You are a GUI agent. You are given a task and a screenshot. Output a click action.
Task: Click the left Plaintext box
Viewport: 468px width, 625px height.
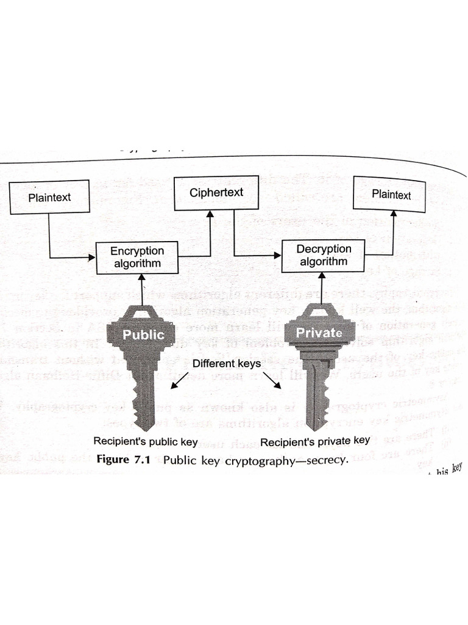pyautogui.click(x=50, y=197)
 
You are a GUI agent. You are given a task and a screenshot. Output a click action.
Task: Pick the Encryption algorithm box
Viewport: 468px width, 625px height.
pyautogui.click(x=137, y=258)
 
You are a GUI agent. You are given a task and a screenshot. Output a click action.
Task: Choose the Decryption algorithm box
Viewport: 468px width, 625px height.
pyautogui.click(x=324, y=255)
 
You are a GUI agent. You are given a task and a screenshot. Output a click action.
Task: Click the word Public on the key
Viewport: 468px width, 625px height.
pyautogui.click(x=143, y=334)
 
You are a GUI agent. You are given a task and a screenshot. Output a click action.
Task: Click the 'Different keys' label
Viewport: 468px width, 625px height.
pyautogui.click(x=227, y=364)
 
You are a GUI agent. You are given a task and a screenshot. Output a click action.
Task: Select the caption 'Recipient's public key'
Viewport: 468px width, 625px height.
pyautogui.click(x=145, y=441)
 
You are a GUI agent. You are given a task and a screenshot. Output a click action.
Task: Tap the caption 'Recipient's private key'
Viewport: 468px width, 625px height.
pyautogui.click(x=315, y=441)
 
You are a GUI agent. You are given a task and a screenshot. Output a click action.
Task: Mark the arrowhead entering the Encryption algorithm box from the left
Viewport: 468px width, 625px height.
pyautogui.click(x=93, y=257)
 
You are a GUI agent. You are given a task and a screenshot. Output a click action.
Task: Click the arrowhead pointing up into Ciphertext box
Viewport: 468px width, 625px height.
pyautogui.click(x=210, y=215)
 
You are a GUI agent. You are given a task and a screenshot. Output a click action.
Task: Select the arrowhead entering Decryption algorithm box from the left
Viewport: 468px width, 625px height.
pyautogui.click(x=279, y=255)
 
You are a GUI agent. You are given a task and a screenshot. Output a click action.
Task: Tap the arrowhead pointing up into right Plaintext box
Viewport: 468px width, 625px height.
pyautogui.click(x=392, y=215)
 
